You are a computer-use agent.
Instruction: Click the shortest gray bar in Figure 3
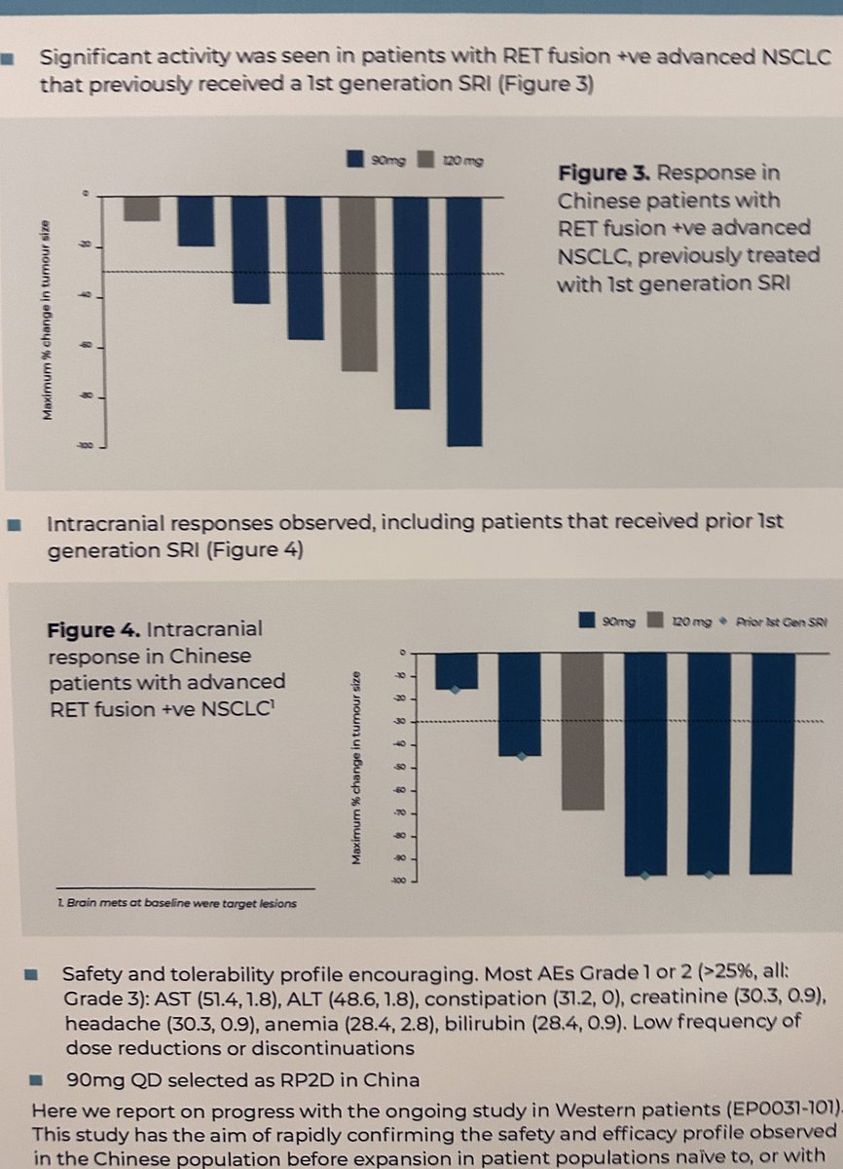(141, 208)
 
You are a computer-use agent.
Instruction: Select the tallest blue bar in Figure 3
(463, 321)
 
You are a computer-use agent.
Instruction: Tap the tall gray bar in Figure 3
(357, 283)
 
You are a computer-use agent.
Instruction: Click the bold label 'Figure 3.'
(605, 173)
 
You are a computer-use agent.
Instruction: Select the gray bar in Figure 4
(583, 731)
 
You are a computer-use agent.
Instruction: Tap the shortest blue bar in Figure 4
(456, 670)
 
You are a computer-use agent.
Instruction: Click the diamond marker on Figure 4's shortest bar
(456, 690)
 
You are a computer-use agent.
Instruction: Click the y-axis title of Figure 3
(47, 321)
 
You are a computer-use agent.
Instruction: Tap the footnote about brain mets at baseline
(175, 903)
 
